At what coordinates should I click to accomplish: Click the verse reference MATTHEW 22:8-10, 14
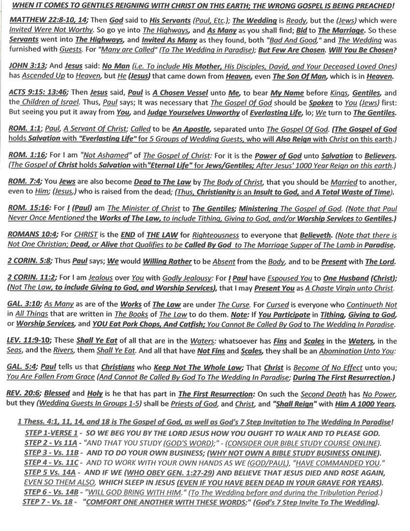48,20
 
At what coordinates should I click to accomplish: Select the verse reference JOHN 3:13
27,66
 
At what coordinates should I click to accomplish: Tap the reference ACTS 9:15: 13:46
38,92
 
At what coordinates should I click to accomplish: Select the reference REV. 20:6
24,394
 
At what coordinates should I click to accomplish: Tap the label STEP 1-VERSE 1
51,433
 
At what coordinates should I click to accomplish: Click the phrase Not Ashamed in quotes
106,156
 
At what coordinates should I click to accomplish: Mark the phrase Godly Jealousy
187,278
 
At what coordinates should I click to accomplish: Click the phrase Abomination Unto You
357,351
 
